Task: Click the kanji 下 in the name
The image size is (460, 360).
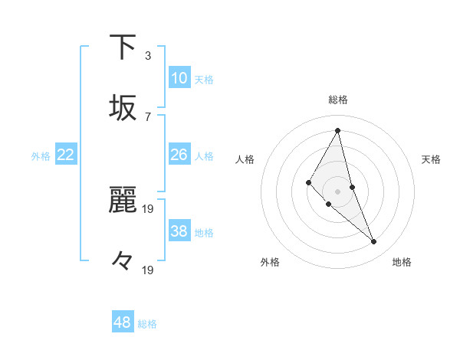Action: click(123, 47)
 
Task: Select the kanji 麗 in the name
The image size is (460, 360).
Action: click(123, 200)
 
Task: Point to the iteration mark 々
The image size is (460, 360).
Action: click(123, 261)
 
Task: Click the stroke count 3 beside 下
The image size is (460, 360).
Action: click(148, 55)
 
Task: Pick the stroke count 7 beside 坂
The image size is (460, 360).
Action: click(148, 116)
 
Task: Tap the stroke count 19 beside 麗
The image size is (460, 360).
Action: click(149, 208)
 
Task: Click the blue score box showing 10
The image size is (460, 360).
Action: click(179, 78)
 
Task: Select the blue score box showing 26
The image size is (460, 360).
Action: click(179, 155)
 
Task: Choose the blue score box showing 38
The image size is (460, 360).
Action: click(179, 231)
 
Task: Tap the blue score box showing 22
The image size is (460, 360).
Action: click(66, 155)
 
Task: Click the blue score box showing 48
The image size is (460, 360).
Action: click(123, 322)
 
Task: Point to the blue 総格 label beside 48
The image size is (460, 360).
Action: click(147, 324)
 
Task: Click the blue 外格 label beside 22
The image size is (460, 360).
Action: click(41, 156)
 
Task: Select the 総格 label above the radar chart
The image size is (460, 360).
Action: click(338, 100)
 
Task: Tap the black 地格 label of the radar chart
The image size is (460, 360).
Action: click(402, 262)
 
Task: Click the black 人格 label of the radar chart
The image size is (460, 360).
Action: click(245, 159)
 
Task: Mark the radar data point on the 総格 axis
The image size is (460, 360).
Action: click(337, 130)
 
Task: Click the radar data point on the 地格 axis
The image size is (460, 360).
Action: click(374, 242)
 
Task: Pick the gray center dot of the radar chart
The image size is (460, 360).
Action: click(337, 191)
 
